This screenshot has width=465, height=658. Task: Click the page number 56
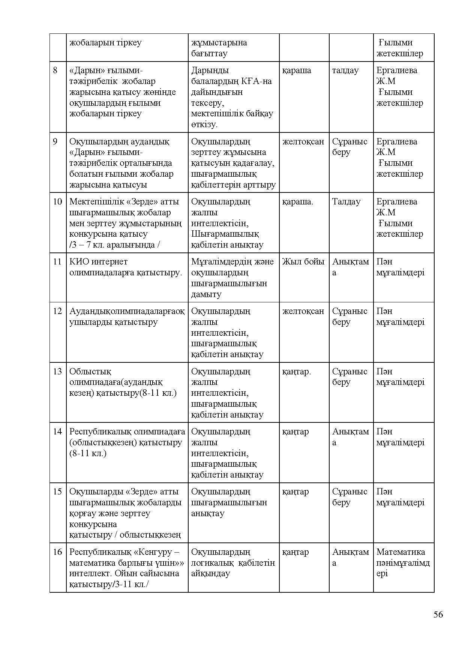point(438,614)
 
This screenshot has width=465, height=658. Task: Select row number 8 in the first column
point(55,71)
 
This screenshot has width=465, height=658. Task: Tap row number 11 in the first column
point(57,262)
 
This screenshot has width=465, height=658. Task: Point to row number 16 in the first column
point(57,552)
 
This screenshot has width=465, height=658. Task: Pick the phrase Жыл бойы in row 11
point(303,262)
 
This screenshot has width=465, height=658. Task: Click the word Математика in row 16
point(400,552)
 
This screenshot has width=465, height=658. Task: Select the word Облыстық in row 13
point(90,371)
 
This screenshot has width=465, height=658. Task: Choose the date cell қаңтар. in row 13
point(296,371)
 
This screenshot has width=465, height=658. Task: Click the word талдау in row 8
point(345,71)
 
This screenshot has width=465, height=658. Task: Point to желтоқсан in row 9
point(303,142)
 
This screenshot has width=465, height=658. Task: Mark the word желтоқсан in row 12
point(303,311)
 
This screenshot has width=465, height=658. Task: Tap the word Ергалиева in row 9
point(397,142)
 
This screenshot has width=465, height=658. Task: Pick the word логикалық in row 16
point(212,563)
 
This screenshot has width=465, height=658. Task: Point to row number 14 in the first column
point(57,431)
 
